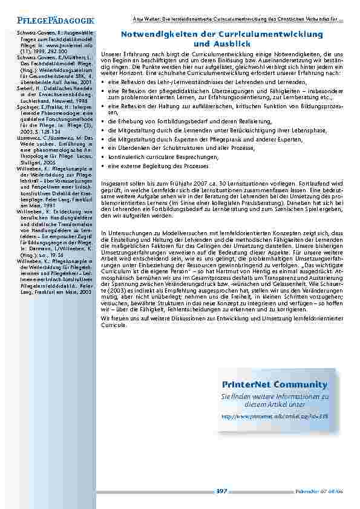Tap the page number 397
pos(221,491)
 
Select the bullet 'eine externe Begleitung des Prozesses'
pos(150,165)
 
